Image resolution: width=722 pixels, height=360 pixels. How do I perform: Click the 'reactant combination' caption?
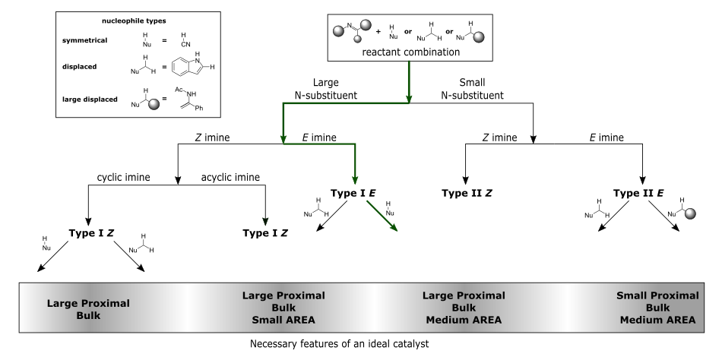(x=410, y=52)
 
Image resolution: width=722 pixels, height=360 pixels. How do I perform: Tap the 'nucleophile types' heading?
(x=134, y=21)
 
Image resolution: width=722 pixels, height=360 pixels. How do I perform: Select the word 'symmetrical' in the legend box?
(x=84, y=40)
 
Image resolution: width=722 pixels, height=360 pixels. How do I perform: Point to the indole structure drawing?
(x=193, y=64)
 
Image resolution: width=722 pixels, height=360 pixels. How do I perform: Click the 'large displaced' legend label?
(x=90, y=99)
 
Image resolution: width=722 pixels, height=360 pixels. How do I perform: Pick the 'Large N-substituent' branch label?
(x=325, y=89)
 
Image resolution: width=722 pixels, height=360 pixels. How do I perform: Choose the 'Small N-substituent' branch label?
(x=473, y=89)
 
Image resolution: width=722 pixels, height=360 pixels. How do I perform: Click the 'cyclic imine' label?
(x=123, y=177)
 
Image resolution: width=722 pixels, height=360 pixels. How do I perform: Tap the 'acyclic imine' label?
(x=230, y=177)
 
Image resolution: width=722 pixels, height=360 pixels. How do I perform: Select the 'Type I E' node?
(x=353, y=194)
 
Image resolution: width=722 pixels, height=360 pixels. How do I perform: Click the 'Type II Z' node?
(x=467, y=194)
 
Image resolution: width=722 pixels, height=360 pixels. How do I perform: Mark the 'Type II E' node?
(x=638, y=194)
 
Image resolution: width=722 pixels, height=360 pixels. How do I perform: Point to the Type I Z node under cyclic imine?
(x=91, y=233)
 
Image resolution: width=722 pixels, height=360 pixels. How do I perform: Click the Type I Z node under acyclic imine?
(x=265, y=233)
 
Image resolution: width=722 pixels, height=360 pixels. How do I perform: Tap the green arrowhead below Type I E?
(x=394, y=227)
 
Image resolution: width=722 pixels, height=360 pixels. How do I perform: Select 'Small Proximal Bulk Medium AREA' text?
(x=657, y=308)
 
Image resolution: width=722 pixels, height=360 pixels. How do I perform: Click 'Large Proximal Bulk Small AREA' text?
(x=283, y=308)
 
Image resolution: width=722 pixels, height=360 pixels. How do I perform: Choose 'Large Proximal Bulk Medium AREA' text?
(x=464, y=308)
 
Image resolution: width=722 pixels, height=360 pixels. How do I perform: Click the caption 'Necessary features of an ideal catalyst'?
(x=340, y=344)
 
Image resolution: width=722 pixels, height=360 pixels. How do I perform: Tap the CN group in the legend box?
(x=185, y=45)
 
